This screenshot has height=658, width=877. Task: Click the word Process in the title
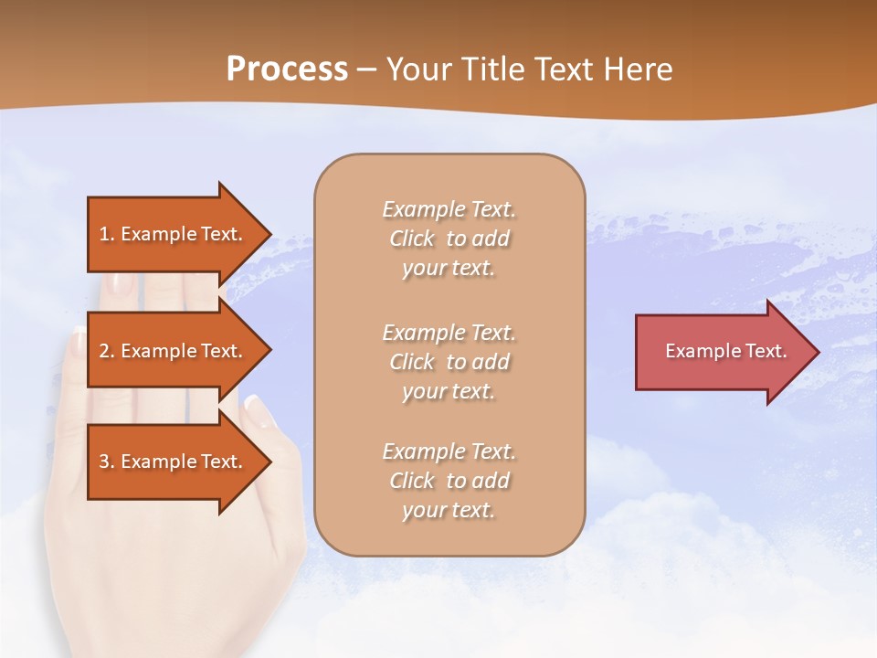click(x=287, y=69)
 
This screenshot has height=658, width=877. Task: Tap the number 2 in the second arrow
click(x=104, y=351)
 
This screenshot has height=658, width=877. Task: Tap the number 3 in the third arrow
click(x=104, y=462)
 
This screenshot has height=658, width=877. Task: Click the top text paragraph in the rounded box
click(x=449, y=239)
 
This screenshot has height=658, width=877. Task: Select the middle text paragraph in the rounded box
click(x=449, y=362)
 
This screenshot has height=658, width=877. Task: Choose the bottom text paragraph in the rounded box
click(x=449, y=481)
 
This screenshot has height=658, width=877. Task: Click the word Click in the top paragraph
click(x=412, y=239)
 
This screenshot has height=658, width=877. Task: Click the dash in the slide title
click(x=366, y=70)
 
